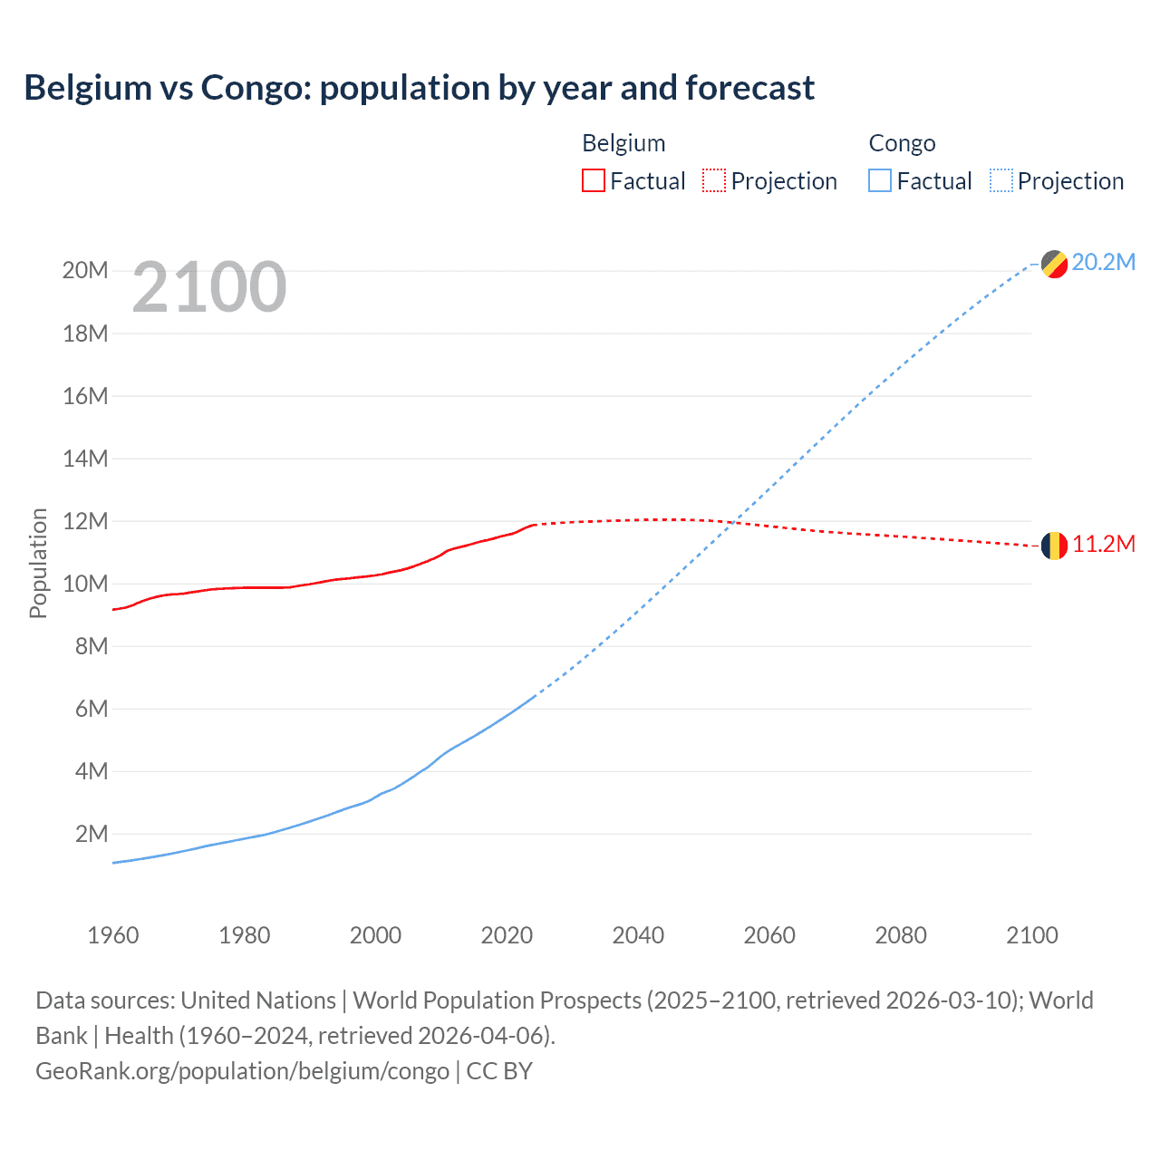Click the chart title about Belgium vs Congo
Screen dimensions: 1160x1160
click(x=419, y=88)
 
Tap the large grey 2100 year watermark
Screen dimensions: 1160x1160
click(x=209, y=287)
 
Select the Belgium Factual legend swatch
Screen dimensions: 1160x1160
click(x=593, y=180)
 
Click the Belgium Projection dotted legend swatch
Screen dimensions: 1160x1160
click(x=714, y=180)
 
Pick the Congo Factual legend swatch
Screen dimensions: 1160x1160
click(x=879, y=180)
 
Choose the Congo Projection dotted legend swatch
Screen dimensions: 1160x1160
click(x=1000, y=180)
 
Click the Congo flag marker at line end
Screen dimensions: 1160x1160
click(x=1054, y=264)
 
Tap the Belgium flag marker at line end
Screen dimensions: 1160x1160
click(x=1054, y=546)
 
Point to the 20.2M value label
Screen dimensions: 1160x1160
click(x=1103, y=263)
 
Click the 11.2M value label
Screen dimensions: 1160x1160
click(x=1103, y=545)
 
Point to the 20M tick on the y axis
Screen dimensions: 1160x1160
click(x=85, y=271)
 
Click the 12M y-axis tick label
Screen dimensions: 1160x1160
click(x=85, y=521)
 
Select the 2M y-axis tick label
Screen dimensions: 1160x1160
click(x=91, y=834)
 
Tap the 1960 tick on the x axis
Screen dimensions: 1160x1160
click(x=113, y=935)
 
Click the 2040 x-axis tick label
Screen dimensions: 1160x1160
click(x=638, y=935)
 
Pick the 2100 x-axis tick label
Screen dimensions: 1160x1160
click(x=1031, y=935)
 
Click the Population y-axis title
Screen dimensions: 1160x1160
click(x=38, y=563)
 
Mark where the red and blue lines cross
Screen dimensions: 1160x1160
click(x=731, y=522)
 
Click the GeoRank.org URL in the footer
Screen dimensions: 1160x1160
click(x=242, y=1071)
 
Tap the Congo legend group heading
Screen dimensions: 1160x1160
click(x=902, y=143)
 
